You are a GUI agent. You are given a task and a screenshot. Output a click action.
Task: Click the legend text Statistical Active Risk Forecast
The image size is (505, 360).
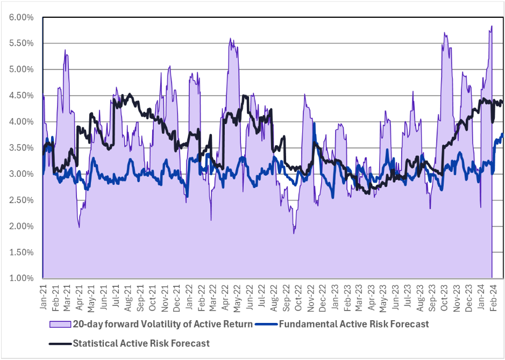click(141, 343)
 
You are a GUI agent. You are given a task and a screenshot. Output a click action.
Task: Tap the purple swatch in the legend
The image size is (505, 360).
click(60, 323)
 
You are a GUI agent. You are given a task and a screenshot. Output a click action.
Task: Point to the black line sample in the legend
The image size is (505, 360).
click(60, 343)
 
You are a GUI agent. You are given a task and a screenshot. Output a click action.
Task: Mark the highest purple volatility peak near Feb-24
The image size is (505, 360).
click(492, 26)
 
